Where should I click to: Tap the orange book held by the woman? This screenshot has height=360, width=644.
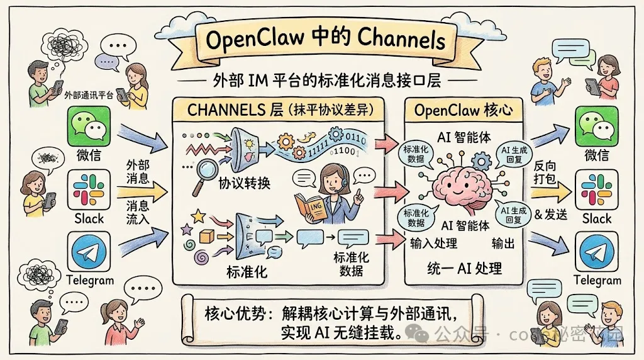click(312, 204)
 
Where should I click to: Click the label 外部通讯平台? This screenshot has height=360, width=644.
click(89, 96)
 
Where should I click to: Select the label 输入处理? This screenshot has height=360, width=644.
click(434, 244)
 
